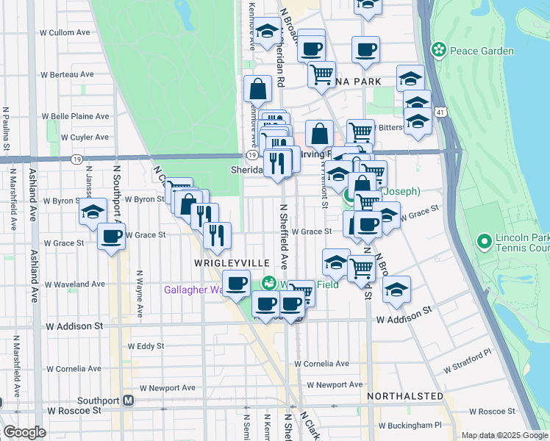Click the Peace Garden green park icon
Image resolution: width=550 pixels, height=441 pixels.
pyautogui.click(x=439, y=50)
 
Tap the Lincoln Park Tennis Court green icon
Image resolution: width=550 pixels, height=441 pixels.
pyautogui.click(x=485, y=241)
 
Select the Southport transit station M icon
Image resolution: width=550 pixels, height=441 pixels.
pyautogui.click(x=128, y=401)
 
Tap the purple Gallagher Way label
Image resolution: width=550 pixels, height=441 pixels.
pyautogui.click(x=193, y=290)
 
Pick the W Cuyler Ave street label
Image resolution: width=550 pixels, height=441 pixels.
pyautogui.click(x=85, y=137)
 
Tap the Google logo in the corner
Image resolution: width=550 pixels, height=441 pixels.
pyautogui.click(x=24, y=432)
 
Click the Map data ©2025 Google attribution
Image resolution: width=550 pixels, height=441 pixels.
pyautogui.click(x=504, y=436)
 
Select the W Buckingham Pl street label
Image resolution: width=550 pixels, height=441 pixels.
pyautogui.click(x=407, y=425)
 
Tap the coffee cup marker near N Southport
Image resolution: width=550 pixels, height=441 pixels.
pyautogui.click(x=112, y=237)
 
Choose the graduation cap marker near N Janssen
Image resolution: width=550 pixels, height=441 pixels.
pyautogui.click(x=93, y=212)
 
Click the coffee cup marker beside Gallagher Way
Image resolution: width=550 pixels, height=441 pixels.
pyautogui.click(x=236, y=284)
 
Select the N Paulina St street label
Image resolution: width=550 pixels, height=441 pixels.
pyautogui.click(x=6, y=129)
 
